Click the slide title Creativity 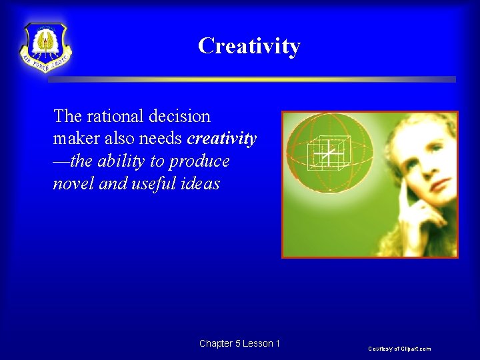249,46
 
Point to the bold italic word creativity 222,139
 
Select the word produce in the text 199,161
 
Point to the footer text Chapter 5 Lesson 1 239,343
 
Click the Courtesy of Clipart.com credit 400,349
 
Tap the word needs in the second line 161,139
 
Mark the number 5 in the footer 238,343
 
